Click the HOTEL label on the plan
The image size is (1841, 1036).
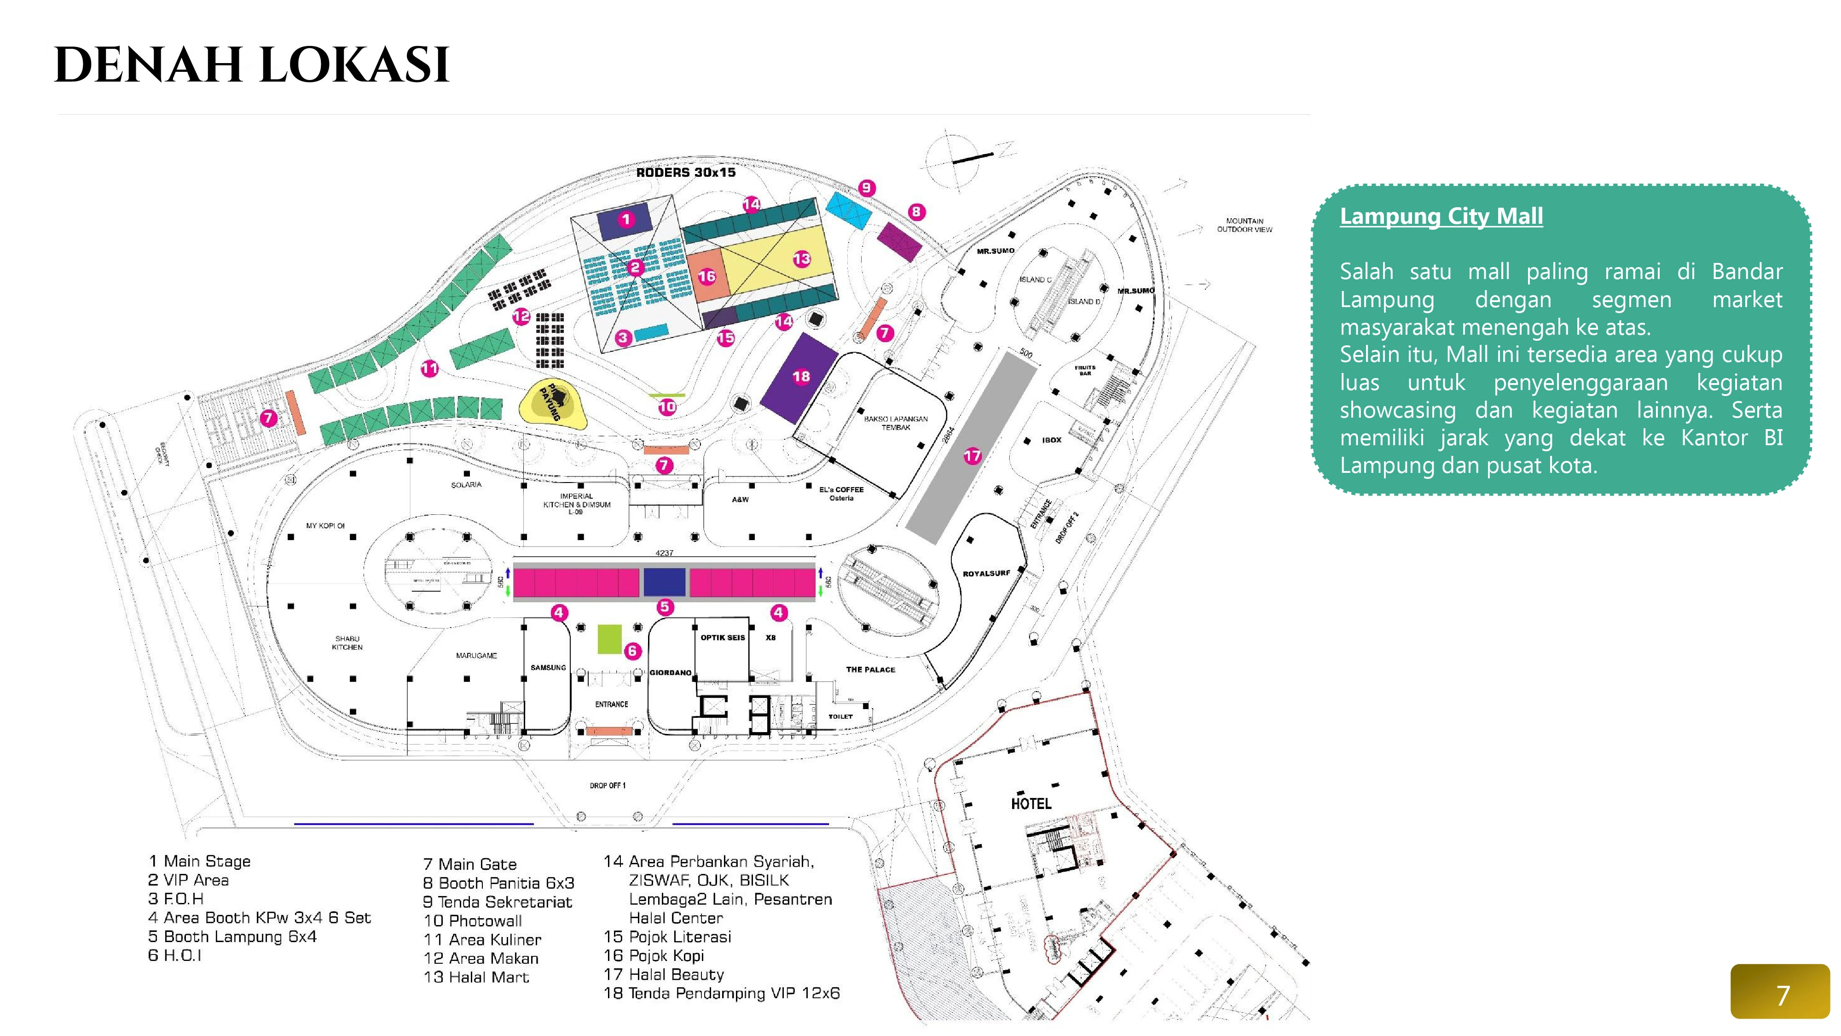pos(1030,803)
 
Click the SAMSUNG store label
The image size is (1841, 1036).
pos(548,667)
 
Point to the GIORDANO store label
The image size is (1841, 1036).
pos(671,672)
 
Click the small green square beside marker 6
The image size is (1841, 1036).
pos(609,639)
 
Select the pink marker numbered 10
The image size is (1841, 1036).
pos(667,407)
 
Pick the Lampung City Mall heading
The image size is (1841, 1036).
pos(1441,216)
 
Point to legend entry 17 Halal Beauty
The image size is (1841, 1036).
pos(664,974)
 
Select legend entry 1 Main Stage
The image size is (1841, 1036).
pos(199,861)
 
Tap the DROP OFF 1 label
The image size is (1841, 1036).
pos(608,785)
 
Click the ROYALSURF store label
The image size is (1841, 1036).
pos(986,573)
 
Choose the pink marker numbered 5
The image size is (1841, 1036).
pos(665,607)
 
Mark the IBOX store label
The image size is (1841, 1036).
pos(1051,440)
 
